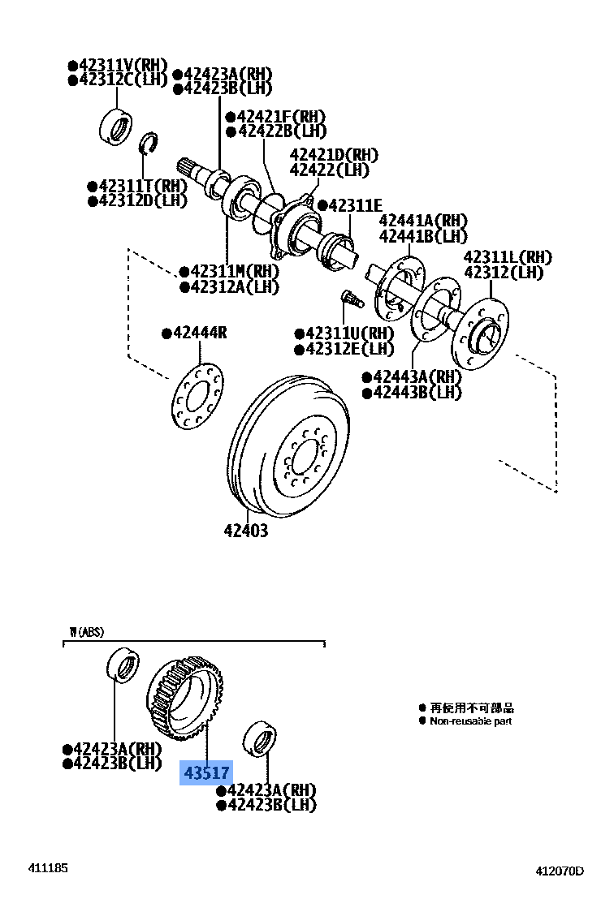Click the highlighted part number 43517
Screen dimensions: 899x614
pos(206,772)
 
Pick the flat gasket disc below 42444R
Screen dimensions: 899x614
pos(198,396)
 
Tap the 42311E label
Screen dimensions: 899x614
pos(353,205)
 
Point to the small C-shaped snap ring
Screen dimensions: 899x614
pos(149,144)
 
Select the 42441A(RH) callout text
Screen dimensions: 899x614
pos(423,221)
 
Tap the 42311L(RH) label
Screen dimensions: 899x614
pos(508,257)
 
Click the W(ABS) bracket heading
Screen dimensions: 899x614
pos(86,631)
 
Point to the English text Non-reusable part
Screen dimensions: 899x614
pos(471,720)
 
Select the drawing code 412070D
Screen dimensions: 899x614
pos(559,871)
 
